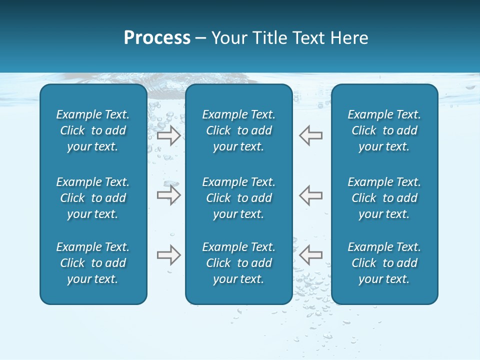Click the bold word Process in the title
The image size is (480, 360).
tap(157, 38)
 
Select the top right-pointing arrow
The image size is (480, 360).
tap(168, 135)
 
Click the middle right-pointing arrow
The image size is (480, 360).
tap(168, 195)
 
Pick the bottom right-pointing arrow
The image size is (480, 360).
tap(168, 255)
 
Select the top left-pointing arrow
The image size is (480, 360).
tap(311, 135)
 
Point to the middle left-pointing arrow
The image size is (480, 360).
tap(311, 195)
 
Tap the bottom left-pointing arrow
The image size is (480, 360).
tap(311, 255)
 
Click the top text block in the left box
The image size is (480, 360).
tap(93, 130)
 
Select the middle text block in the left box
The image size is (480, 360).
tap(93, 198)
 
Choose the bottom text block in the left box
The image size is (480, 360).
tap(93, 263)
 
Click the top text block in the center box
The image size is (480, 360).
tap(239, 130)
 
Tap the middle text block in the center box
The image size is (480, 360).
tap(239, 198)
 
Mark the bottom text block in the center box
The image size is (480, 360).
tap(239, 263)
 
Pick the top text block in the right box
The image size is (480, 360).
tap(384, 130)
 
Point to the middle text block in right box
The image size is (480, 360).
tap(384, 198)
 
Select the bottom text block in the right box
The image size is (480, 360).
tap(384, 263)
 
